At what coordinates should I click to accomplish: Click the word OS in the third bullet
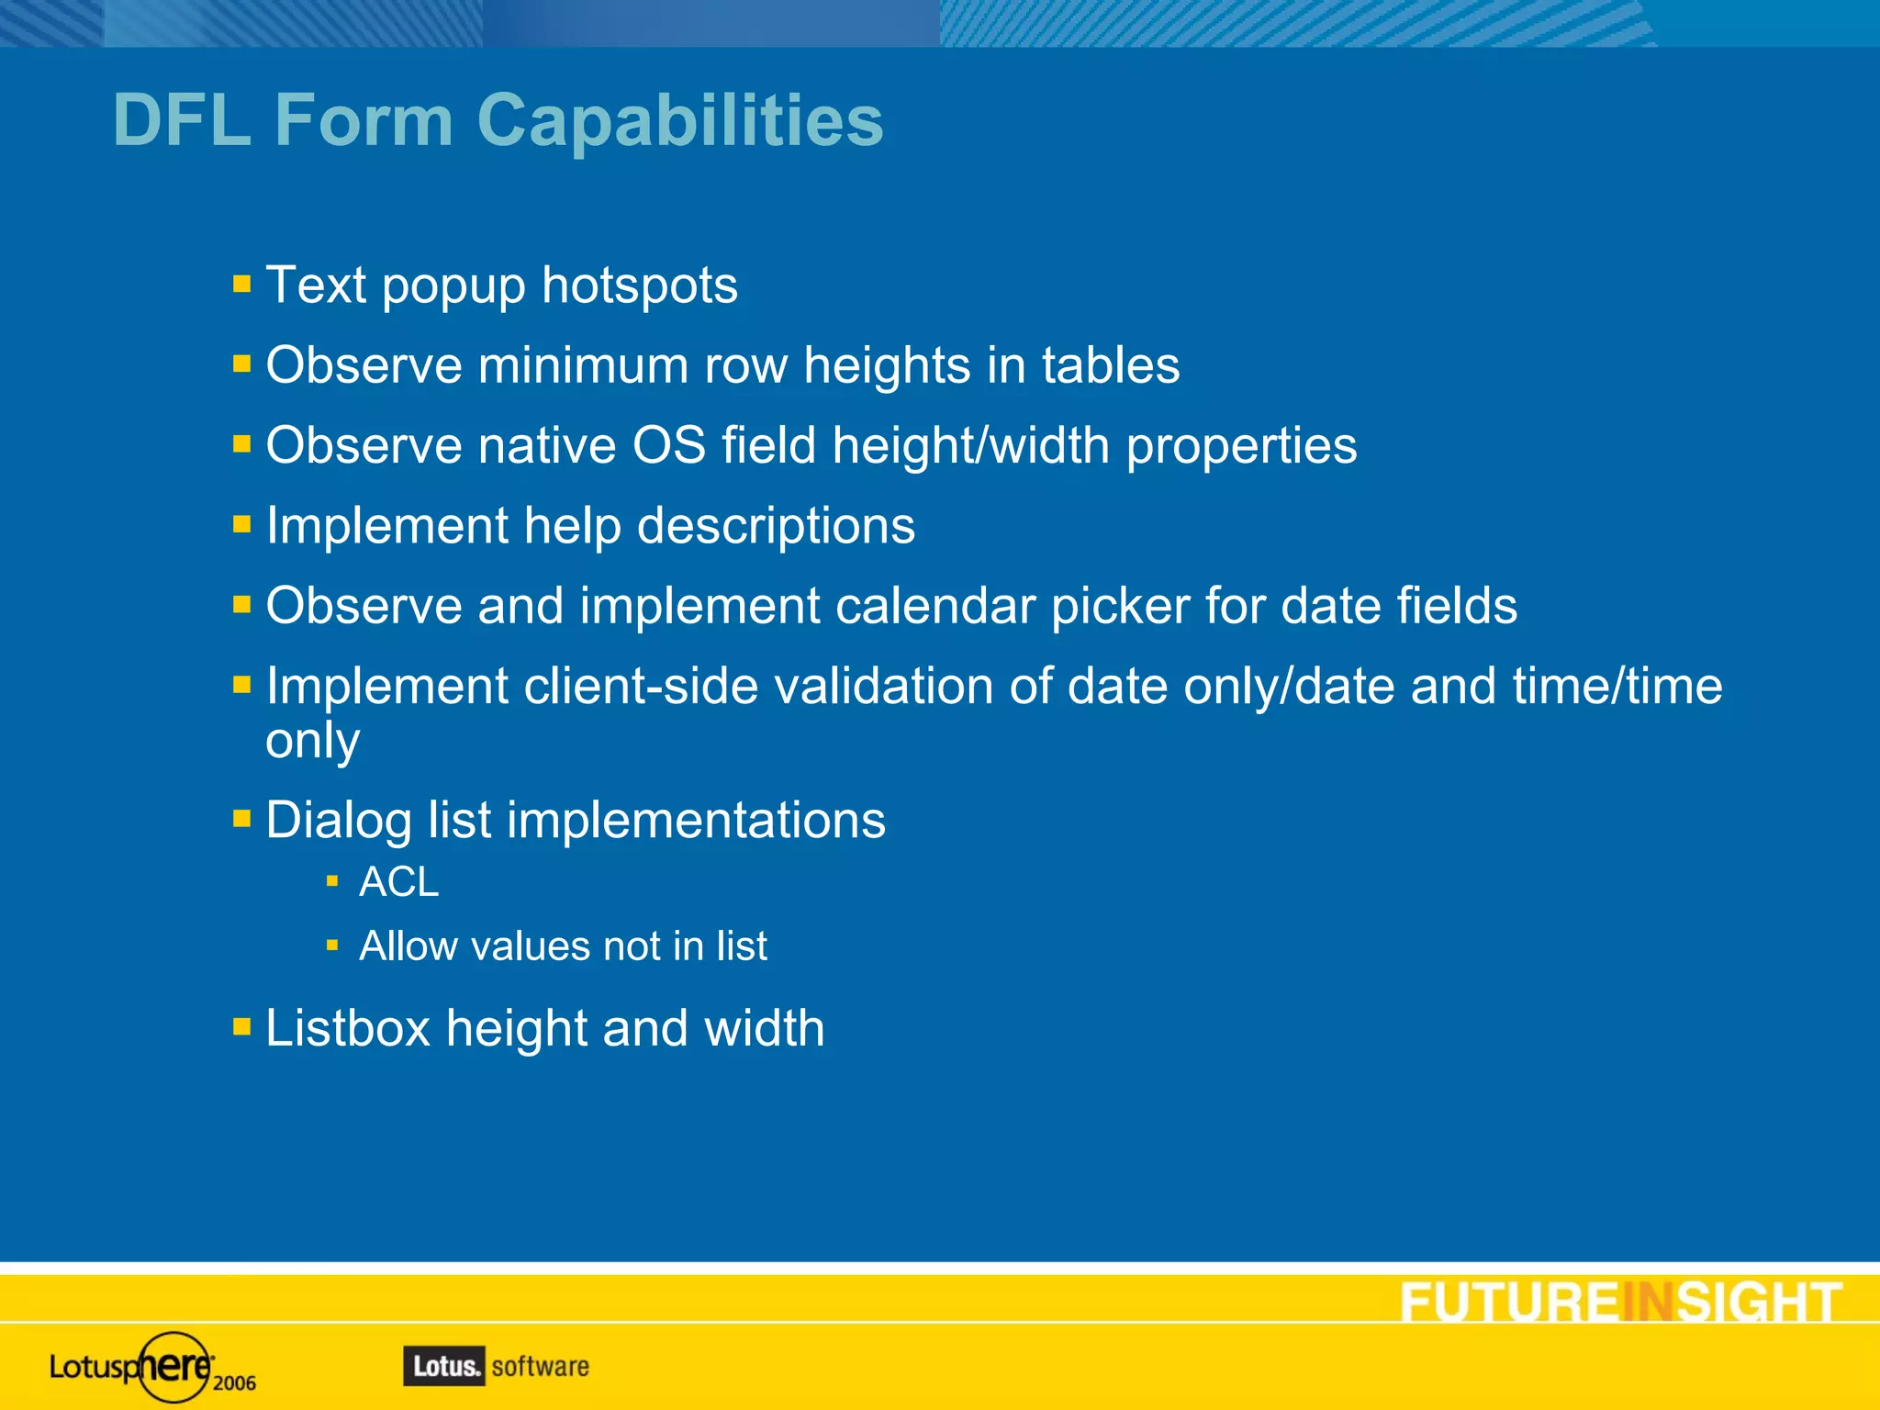pyautogui.click(x=669, y=445)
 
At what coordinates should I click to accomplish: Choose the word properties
pyautogui.click(x=1241, y=447)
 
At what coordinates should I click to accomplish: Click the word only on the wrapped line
pyautogui.click(x=312, y=741)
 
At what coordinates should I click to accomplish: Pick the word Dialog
pyautogui.click(x=338, y=821)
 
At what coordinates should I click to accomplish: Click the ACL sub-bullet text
pyautogui.click(x=398, y=882)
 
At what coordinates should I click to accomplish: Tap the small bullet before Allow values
pyautogui.click(x=332, y=945)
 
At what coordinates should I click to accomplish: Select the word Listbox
pyautogui.click(x=348, y=1028)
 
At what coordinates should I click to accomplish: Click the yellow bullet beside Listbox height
pyautogui.click(x=241, y=1026)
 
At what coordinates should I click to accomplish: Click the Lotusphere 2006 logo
pyautogui.click(x=151, y=1368)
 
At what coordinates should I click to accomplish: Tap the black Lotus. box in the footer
pyautogui.click(x=443, y=1366)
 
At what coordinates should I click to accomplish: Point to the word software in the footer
pyautogui.click(x=540, y=1366)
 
